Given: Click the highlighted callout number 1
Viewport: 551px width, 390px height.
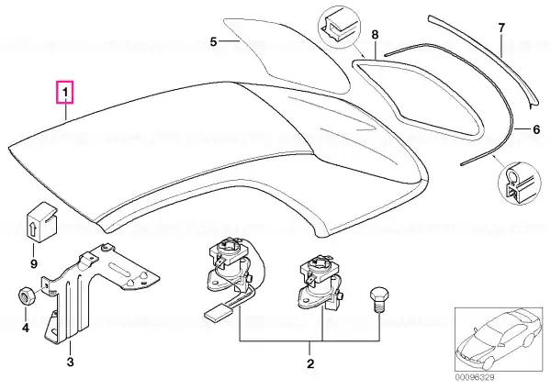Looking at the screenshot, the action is click(x=65, y=93).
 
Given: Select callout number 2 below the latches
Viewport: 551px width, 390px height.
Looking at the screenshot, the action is click(x=310, y=363).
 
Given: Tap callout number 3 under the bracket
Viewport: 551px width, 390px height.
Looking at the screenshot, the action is click(x=71, y=362).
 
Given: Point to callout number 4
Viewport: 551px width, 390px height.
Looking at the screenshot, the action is click(x=26, y=329).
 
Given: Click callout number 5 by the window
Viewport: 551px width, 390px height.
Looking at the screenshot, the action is click(x=214, y=42).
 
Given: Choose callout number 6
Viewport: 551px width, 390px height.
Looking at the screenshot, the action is click(x=536, y=129).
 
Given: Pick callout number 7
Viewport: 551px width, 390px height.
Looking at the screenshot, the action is click(x=501, y=28).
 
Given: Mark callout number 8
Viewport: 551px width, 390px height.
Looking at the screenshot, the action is click(x=375, y=35).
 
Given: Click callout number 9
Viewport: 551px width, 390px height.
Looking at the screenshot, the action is click(x=34, y=263).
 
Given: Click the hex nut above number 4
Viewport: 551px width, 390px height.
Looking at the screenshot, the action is click(x=27, y=295).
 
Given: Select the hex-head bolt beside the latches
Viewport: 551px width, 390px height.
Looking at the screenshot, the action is click(x=379, y=300).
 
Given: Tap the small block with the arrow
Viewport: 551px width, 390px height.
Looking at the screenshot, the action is click(x=42, y=222).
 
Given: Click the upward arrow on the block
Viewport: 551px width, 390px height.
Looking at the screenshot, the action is click(x=32, y=227).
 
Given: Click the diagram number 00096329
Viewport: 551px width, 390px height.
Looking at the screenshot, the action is click(x=475, y=377).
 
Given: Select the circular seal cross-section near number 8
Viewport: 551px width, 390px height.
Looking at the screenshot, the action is click(x=339, y=28).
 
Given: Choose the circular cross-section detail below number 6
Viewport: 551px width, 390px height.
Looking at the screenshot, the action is click(x=520, y=184).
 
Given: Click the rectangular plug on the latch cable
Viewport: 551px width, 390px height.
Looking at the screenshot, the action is click(x=216, y=313).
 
